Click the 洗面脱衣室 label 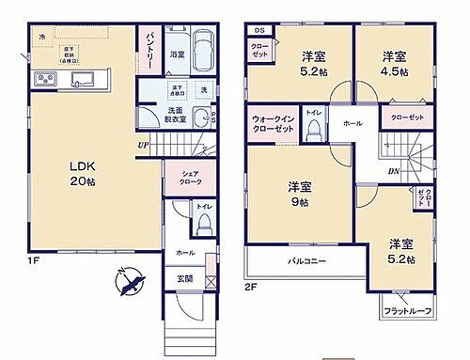point(176,116)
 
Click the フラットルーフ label point(407,309)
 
